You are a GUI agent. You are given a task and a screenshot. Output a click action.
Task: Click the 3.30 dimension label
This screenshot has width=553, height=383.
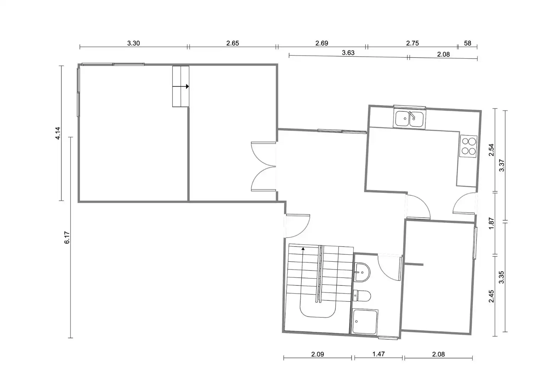(x=133, y=43)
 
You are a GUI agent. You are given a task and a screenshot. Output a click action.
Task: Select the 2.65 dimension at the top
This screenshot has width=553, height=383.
(x=233, y=43)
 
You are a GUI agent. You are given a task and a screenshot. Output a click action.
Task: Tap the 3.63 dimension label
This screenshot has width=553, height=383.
(x=348, y=52)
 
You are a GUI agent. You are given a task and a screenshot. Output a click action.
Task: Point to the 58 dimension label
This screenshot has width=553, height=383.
(x=468, y=43)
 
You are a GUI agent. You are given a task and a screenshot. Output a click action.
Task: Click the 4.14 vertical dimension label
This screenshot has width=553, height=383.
(x=57, y=133)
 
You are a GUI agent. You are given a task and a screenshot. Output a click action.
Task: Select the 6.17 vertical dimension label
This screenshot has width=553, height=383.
(x=67, y=238)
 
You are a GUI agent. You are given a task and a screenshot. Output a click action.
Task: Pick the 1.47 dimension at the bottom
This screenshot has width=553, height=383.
(x=379, y=354)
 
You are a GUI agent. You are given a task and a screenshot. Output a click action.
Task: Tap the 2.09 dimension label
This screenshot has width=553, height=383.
(x=318, y=354)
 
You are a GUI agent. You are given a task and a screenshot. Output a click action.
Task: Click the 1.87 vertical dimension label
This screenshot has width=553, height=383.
(x=491, y=223)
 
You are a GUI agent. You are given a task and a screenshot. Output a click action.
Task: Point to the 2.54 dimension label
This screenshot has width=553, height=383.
(x=491, y=150)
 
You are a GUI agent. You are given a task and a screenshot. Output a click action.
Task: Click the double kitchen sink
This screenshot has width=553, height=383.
(x=409, y=119)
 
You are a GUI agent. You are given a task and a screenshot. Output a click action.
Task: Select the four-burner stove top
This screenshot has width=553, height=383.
(x=468, y=146)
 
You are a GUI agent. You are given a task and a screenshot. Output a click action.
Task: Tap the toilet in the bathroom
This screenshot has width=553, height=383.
(x=362, y=296)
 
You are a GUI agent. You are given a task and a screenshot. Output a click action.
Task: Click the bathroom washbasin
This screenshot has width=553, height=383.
(x=362, y=272)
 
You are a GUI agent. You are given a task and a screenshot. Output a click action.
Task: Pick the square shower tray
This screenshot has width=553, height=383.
(x=365, y=322)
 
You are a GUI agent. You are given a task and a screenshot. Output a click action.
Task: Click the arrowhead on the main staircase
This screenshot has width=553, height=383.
(x=303, y=249)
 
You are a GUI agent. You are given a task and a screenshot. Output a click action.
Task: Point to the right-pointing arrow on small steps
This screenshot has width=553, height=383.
(x=181, y=87)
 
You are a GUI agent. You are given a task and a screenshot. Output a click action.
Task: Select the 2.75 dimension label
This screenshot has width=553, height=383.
(x=412, y=43)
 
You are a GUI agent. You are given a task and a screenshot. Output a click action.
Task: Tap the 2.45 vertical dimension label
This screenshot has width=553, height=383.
(x=491, y=296)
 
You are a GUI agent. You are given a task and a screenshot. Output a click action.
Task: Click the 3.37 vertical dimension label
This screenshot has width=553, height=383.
(x=501, y=166)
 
